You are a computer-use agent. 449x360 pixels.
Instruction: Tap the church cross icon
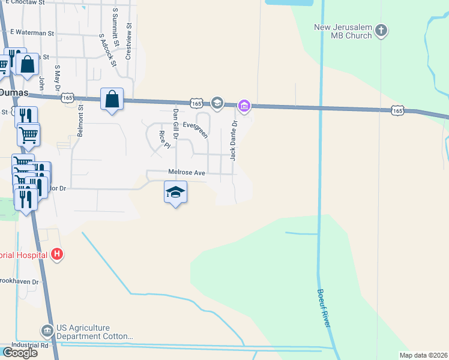(381, 30)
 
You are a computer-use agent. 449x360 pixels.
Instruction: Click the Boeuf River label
(325, 308)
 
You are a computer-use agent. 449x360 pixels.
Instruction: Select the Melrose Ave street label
(187, 172)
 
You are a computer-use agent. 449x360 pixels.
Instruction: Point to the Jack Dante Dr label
(234, 140)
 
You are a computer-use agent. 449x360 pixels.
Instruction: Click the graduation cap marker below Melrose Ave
(175, 193)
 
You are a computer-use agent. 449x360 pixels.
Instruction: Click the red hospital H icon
(56, 254)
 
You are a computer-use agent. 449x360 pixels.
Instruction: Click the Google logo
(20, 353)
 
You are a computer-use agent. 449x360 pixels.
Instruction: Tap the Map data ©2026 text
(424, 355)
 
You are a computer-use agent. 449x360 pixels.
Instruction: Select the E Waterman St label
(32, 33)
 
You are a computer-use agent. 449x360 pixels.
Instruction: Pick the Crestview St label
(128, 41)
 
